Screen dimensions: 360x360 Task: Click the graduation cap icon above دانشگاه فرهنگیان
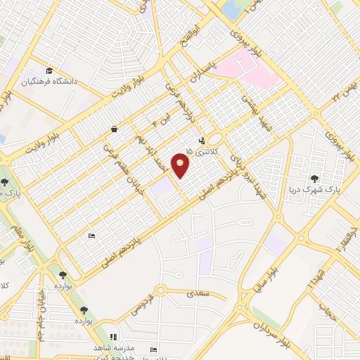coord(49,70)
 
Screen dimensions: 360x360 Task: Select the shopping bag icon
coord(114,129)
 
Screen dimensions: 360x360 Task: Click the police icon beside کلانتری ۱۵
coord(202,140)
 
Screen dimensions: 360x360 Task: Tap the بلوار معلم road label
coord(23,232)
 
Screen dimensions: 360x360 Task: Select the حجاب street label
coord(326,309)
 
